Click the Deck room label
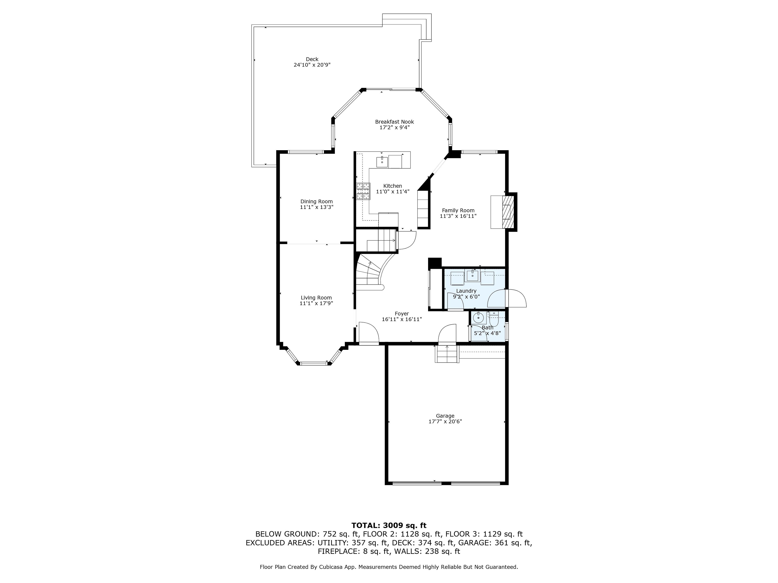pos(312,59)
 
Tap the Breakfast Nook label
pos(394,122)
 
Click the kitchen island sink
pos(382,162)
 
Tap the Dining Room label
pos(316,202)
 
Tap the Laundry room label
pos(466,291)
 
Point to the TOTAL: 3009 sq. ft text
pos(389,525)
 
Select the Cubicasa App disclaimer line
pos(389,567)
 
